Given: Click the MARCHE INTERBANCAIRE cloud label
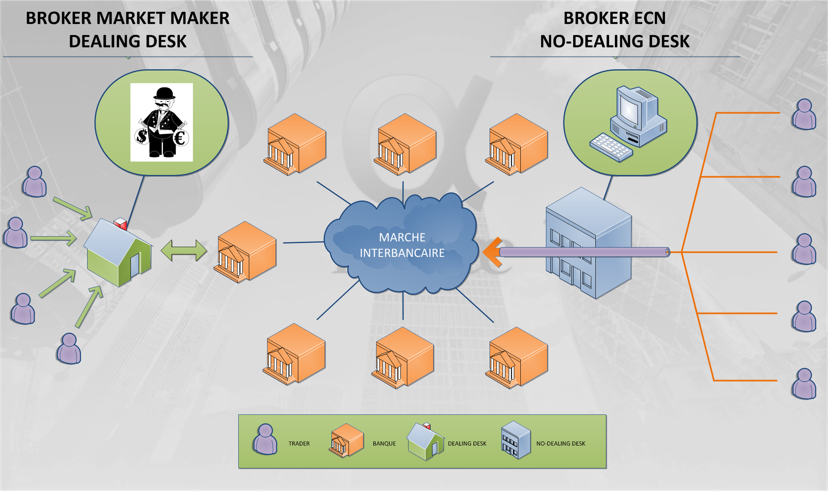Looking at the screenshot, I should tap(402, 245).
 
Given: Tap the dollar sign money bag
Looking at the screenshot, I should tap(142, 136).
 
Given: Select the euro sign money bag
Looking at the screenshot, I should tap(180, 138).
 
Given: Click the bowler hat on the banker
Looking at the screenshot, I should tap(164, 94).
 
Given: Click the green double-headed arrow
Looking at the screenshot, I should tap(184, 250).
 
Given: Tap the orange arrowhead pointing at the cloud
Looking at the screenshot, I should tap(492, 252).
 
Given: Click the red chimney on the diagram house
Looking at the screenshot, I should tap(121, 223).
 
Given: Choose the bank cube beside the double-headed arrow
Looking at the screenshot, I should tap(246, 252).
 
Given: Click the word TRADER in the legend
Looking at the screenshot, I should tap(299, 444).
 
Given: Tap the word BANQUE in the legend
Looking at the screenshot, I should tap(384, 444).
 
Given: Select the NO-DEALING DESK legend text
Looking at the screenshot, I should tap(561, 444).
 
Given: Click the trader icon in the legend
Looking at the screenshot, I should tap(265, 440).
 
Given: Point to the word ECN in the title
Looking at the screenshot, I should tap(648, 18).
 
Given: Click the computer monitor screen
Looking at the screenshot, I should tap(629, 109).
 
